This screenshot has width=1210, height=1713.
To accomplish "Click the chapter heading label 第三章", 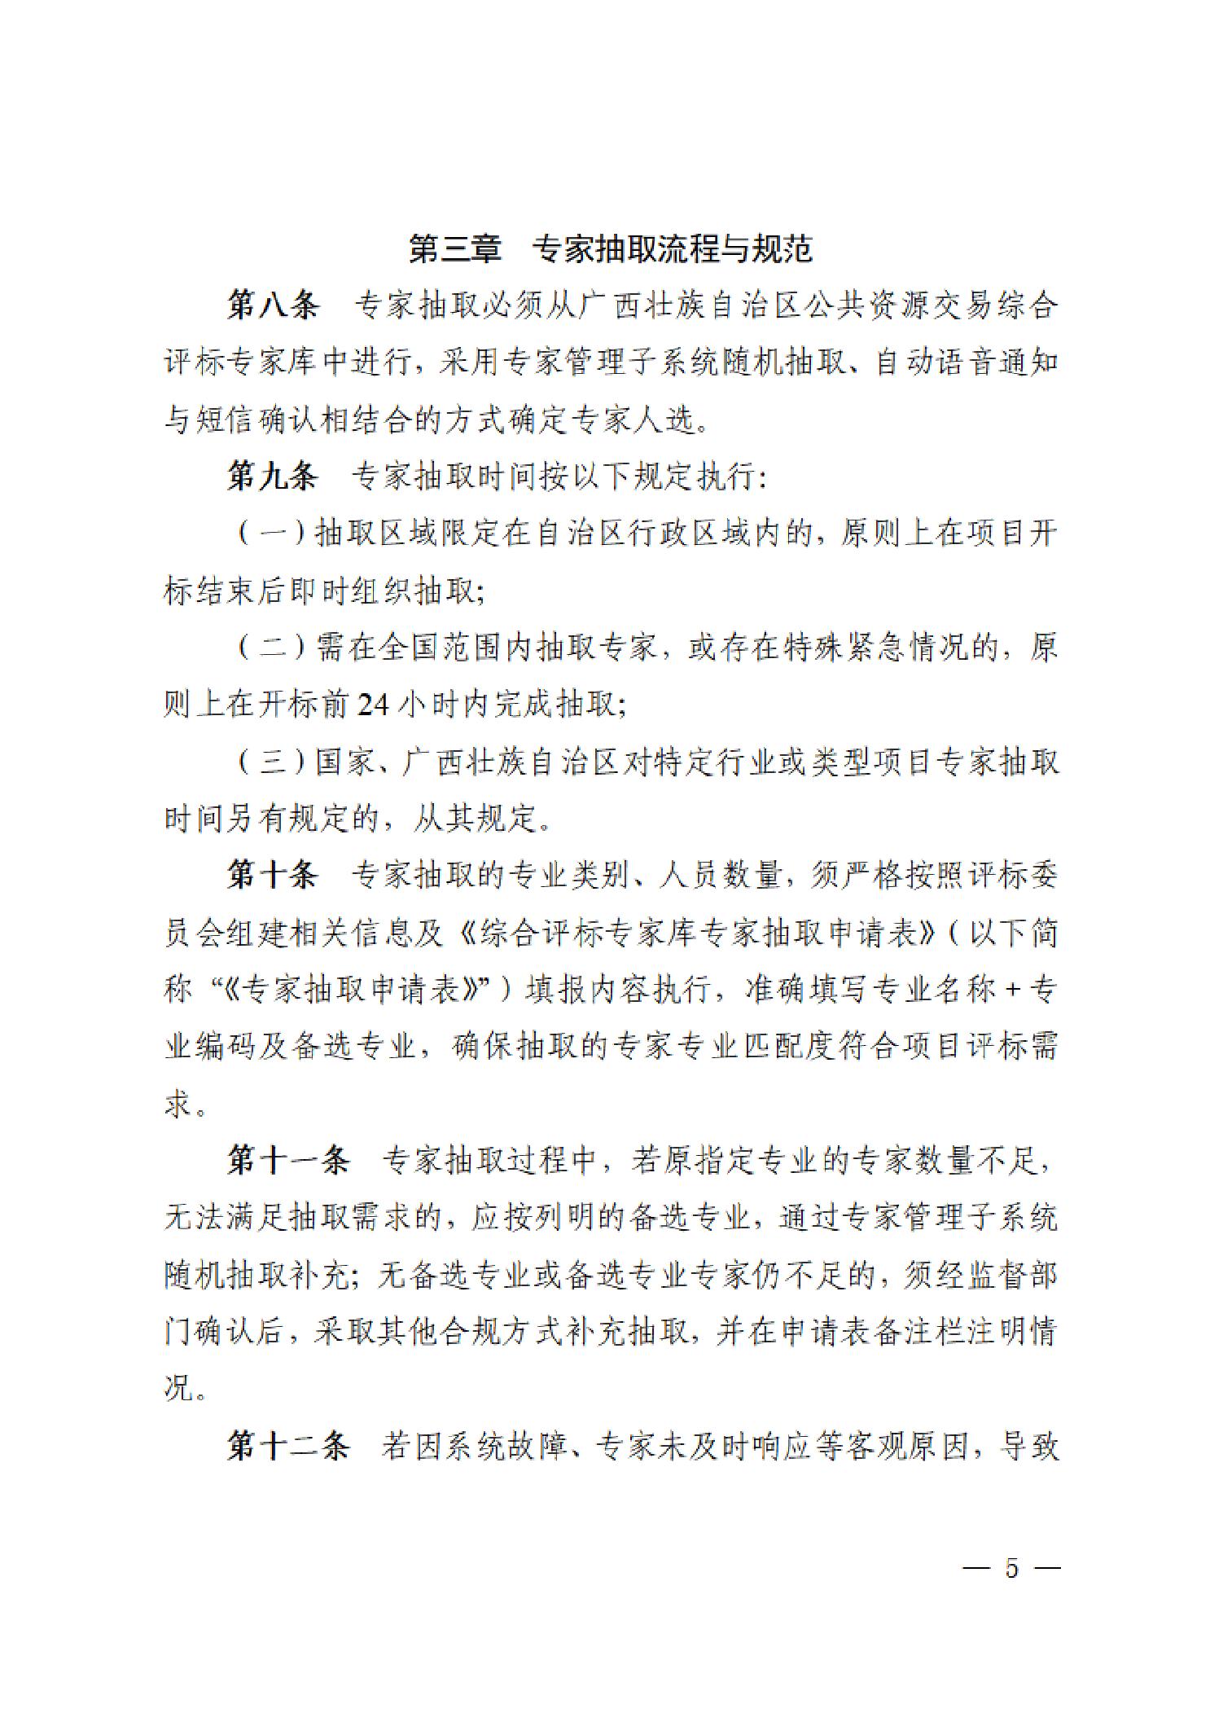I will click(455, 249).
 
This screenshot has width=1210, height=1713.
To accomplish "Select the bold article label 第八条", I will click(273, 305).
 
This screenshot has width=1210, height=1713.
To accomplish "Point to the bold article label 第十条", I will click(273, 876).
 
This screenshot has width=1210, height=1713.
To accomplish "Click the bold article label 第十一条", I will click(288, 1161).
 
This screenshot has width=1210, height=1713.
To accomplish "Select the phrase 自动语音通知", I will click(966, 362).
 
